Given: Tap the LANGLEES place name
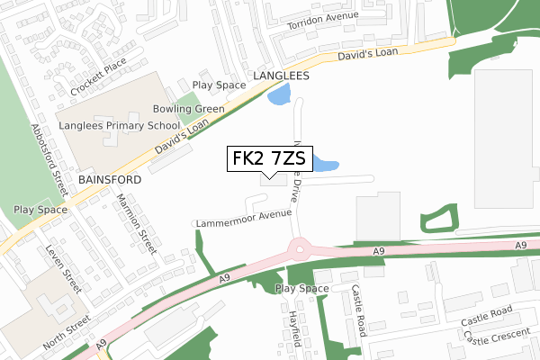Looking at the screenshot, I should (x=281, y=76).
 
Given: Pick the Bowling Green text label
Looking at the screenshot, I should (x=188, y=109).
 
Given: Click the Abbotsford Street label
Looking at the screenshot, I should (x=49, y=159).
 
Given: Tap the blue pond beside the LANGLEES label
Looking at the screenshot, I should (x=280, y=94).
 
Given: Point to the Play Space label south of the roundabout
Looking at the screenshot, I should (x=302, y=289).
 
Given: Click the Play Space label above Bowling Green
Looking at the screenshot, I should (x=220, y=85).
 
